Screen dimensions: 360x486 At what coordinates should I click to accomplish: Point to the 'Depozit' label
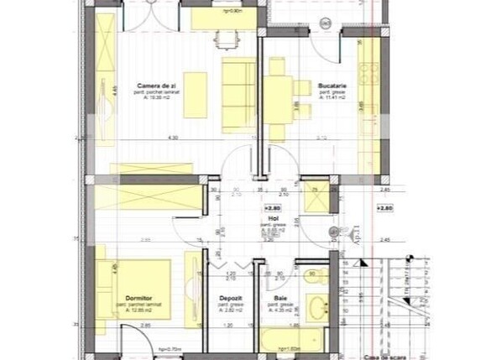[x=231, y=298]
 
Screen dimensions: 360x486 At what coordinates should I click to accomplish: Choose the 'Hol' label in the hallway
[x=274, y=217]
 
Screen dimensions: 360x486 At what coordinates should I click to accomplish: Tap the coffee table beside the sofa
[x=195, y=94]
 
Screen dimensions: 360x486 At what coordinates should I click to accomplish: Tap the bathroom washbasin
[x=317, y=308]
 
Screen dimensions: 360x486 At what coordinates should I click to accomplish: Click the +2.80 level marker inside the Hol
[x=271, y=206]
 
